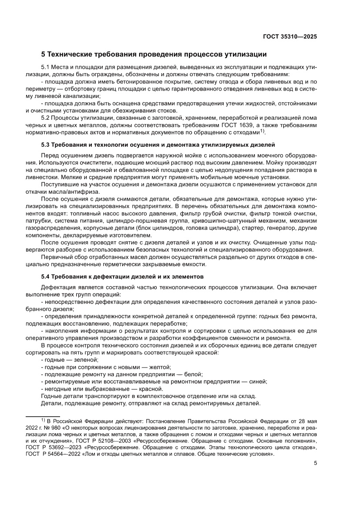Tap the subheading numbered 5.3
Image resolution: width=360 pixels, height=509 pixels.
(158, 144)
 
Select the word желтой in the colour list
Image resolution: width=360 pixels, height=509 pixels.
(160, 367)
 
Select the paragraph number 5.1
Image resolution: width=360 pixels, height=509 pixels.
(45, 68)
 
